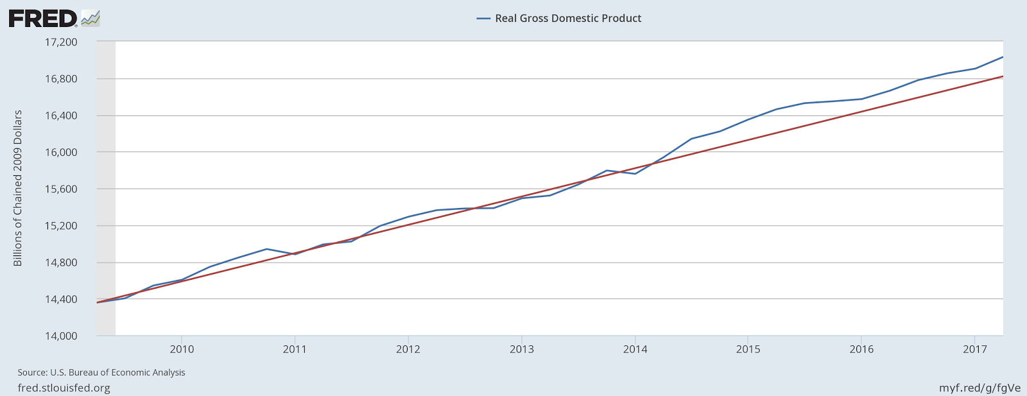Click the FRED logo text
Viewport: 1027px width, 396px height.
point(42,19)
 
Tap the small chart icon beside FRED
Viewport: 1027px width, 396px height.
point(91,18)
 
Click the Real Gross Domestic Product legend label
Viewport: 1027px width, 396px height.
point(568,19)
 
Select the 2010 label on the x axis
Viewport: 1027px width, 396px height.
point(182,350)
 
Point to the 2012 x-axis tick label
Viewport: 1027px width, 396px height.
point(408,350)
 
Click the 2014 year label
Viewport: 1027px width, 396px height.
point(635,350)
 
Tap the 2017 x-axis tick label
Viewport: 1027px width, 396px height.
point(974,350)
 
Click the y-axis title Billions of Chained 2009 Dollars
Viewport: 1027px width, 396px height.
point(18,188)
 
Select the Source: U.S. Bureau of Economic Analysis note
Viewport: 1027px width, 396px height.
point(101,373)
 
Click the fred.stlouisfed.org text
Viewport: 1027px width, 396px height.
point(64,388)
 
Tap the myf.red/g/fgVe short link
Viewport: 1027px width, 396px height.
point(980,388)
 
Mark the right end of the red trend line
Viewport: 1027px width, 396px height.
point(1003,76)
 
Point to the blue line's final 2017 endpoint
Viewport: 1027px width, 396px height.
point(1003,57)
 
